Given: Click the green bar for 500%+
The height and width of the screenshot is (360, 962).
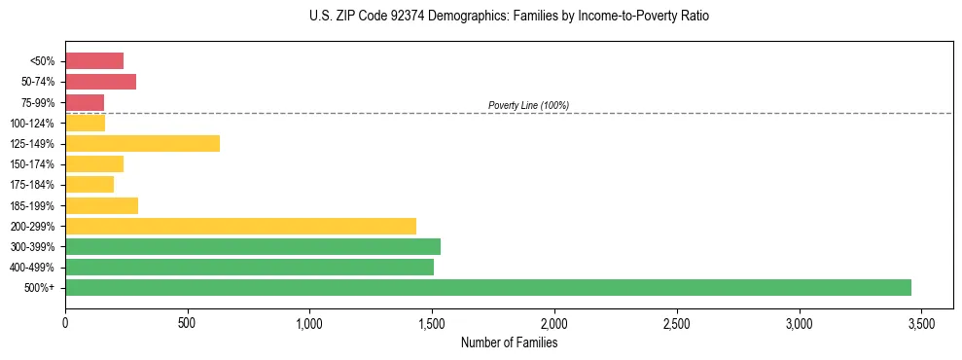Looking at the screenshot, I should pyautogui.click(x=487, y=287).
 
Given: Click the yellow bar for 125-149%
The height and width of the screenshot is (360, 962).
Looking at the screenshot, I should pyautogui.click(x=142, y=143).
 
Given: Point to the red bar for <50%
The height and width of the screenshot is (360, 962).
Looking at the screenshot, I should pyautogui.click(x=94, y=60).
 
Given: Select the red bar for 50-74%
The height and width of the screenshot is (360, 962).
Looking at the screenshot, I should pyautogui.click(x=100, y=81).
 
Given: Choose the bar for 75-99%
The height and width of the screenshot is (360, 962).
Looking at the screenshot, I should pyautogui.click(x=85, y=102).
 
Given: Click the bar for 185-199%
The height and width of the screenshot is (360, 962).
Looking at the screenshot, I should pyautogui.click(x=101, y=205).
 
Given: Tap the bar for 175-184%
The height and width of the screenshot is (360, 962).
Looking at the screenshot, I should pyautogui.click(x=89, y=185).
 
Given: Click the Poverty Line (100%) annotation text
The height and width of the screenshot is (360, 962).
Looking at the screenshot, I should pyautogui.click(x=528, y=105).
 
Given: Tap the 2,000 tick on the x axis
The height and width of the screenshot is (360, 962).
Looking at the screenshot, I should pyautogui.click(x=554, y=322).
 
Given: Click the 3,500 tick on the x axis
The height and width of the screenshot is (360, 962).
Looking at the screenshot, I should pyautogui.click(x=921, y=322).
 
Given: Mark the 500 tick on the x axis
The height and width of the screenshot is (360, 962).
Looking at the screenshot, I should pyautogui.click(x=188, y=322).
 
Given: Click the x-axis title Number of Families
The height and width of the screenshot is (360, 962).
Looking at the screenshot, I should pyautogui.click(x=509, y=342).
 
